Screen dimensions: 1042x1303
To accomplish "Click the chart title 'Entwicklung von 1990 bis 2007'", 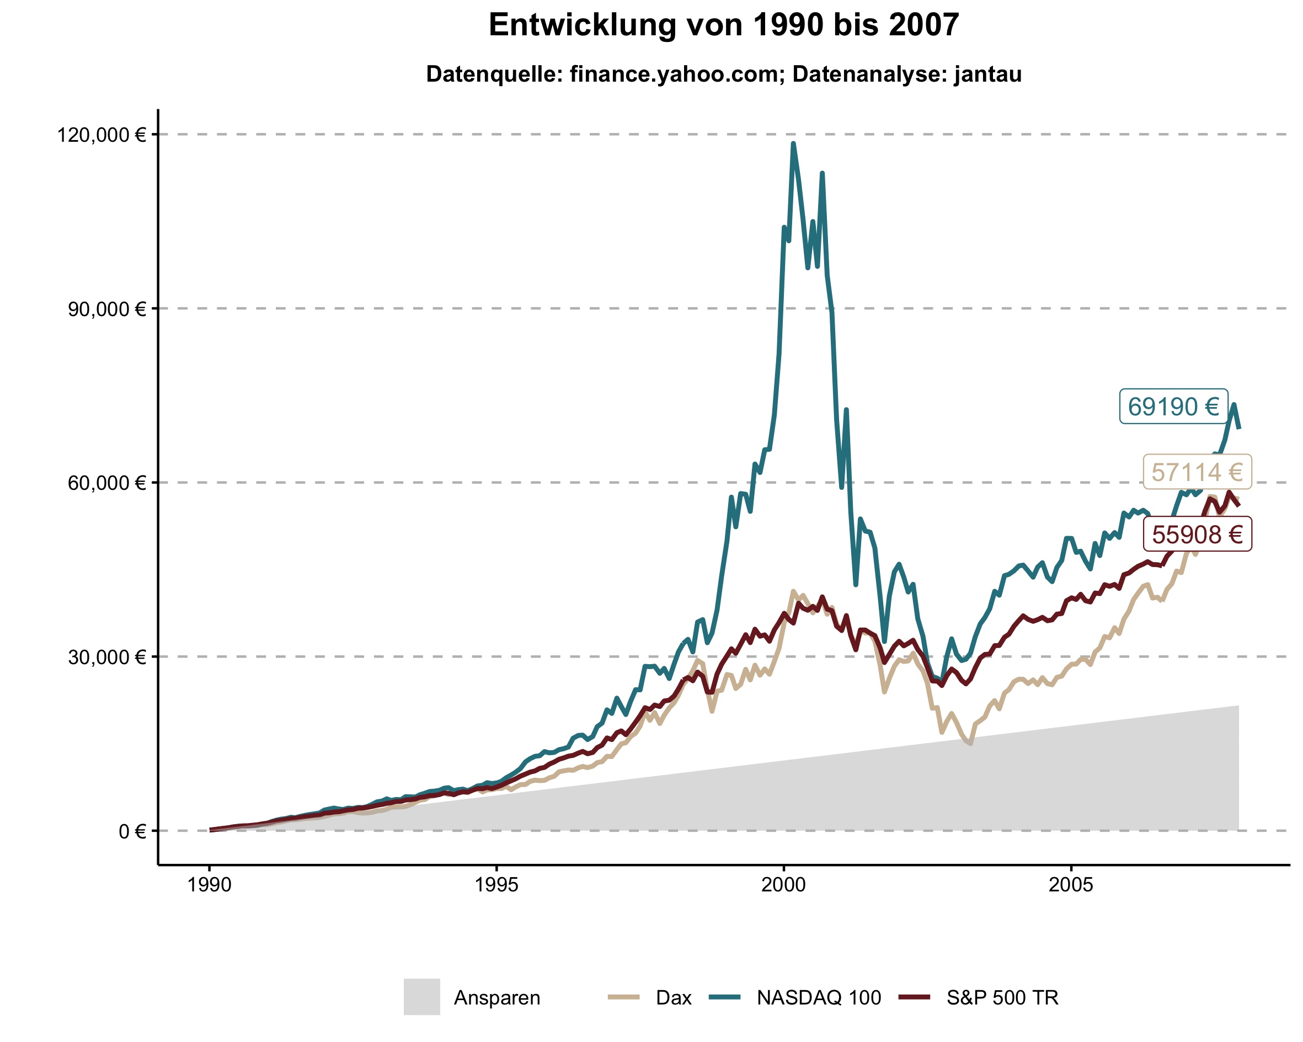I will [x=723, y=25].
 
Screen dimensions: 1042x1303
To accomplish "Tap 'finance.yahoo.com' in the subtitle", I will [x=673, y=74].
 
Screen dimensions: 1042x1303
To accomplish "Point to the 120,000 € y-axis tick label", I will [x=102, y=135].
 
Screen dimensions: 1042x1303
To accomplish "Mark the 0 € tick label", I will [x=132, y=832].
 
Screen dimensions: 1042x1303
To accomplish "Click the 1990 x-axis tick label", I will [x=209, y=885].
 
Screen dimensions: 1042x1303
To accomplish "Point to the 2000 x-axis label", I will [x=784, y=885].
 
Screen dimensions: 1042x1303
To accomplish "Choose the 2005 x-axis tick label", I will [x=1071, y=885].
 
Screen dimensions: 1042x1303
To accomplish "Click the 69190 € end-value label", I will [x=1173, y=407].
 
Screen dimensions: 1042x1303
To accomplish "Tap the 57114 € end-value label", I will [x=1197, y=472].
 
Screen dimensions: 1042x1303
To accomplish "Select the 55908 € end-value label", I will [x=1197, y=535].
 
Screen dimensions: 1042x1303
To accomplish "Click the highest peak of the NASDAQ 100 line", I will [x=793, y=144].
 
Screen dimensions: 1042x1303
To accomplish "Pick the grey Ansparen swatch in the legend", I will [x=422, y=997].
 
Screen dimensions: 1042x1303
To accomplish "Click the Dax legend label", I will [x=673, y=998].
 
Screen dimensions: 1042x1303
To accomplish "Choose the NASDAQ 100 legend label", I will [x=818, y=998].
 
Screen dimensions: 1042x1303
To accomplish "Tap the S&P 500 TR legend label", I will [x=1002, y=998].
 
